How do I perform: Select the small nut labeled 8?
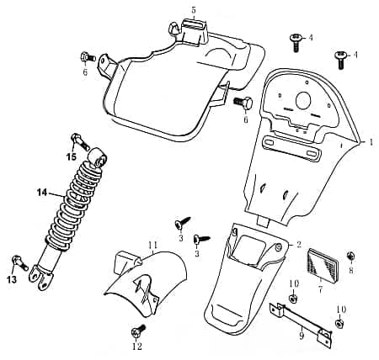pos(350,256)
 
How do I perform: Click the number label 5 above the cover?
pos(193,10)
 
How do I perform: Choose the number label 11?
pos(152,245)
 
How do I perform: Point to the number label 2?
pos(298,245)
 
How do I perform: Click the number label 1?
pos(370,143)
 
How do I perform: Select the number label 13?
pos(12,279)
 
